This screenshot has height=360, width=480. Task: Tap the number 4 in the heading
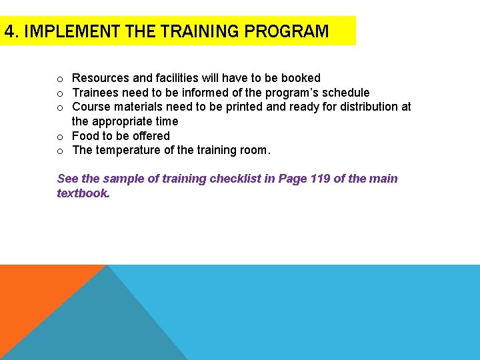9,31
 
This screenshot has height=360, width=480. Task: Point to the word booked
302,78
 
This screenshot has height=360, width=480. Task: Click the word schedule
345,93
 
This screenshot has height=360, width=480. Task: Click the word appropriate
122,121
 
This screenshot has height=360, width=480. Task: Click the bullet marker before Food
60,137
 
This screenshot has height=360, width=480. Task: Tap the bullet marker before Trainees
60,93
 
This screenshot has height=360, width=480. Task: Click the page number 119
321,179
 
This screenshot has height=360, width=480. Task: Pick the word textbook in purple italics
82,193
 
